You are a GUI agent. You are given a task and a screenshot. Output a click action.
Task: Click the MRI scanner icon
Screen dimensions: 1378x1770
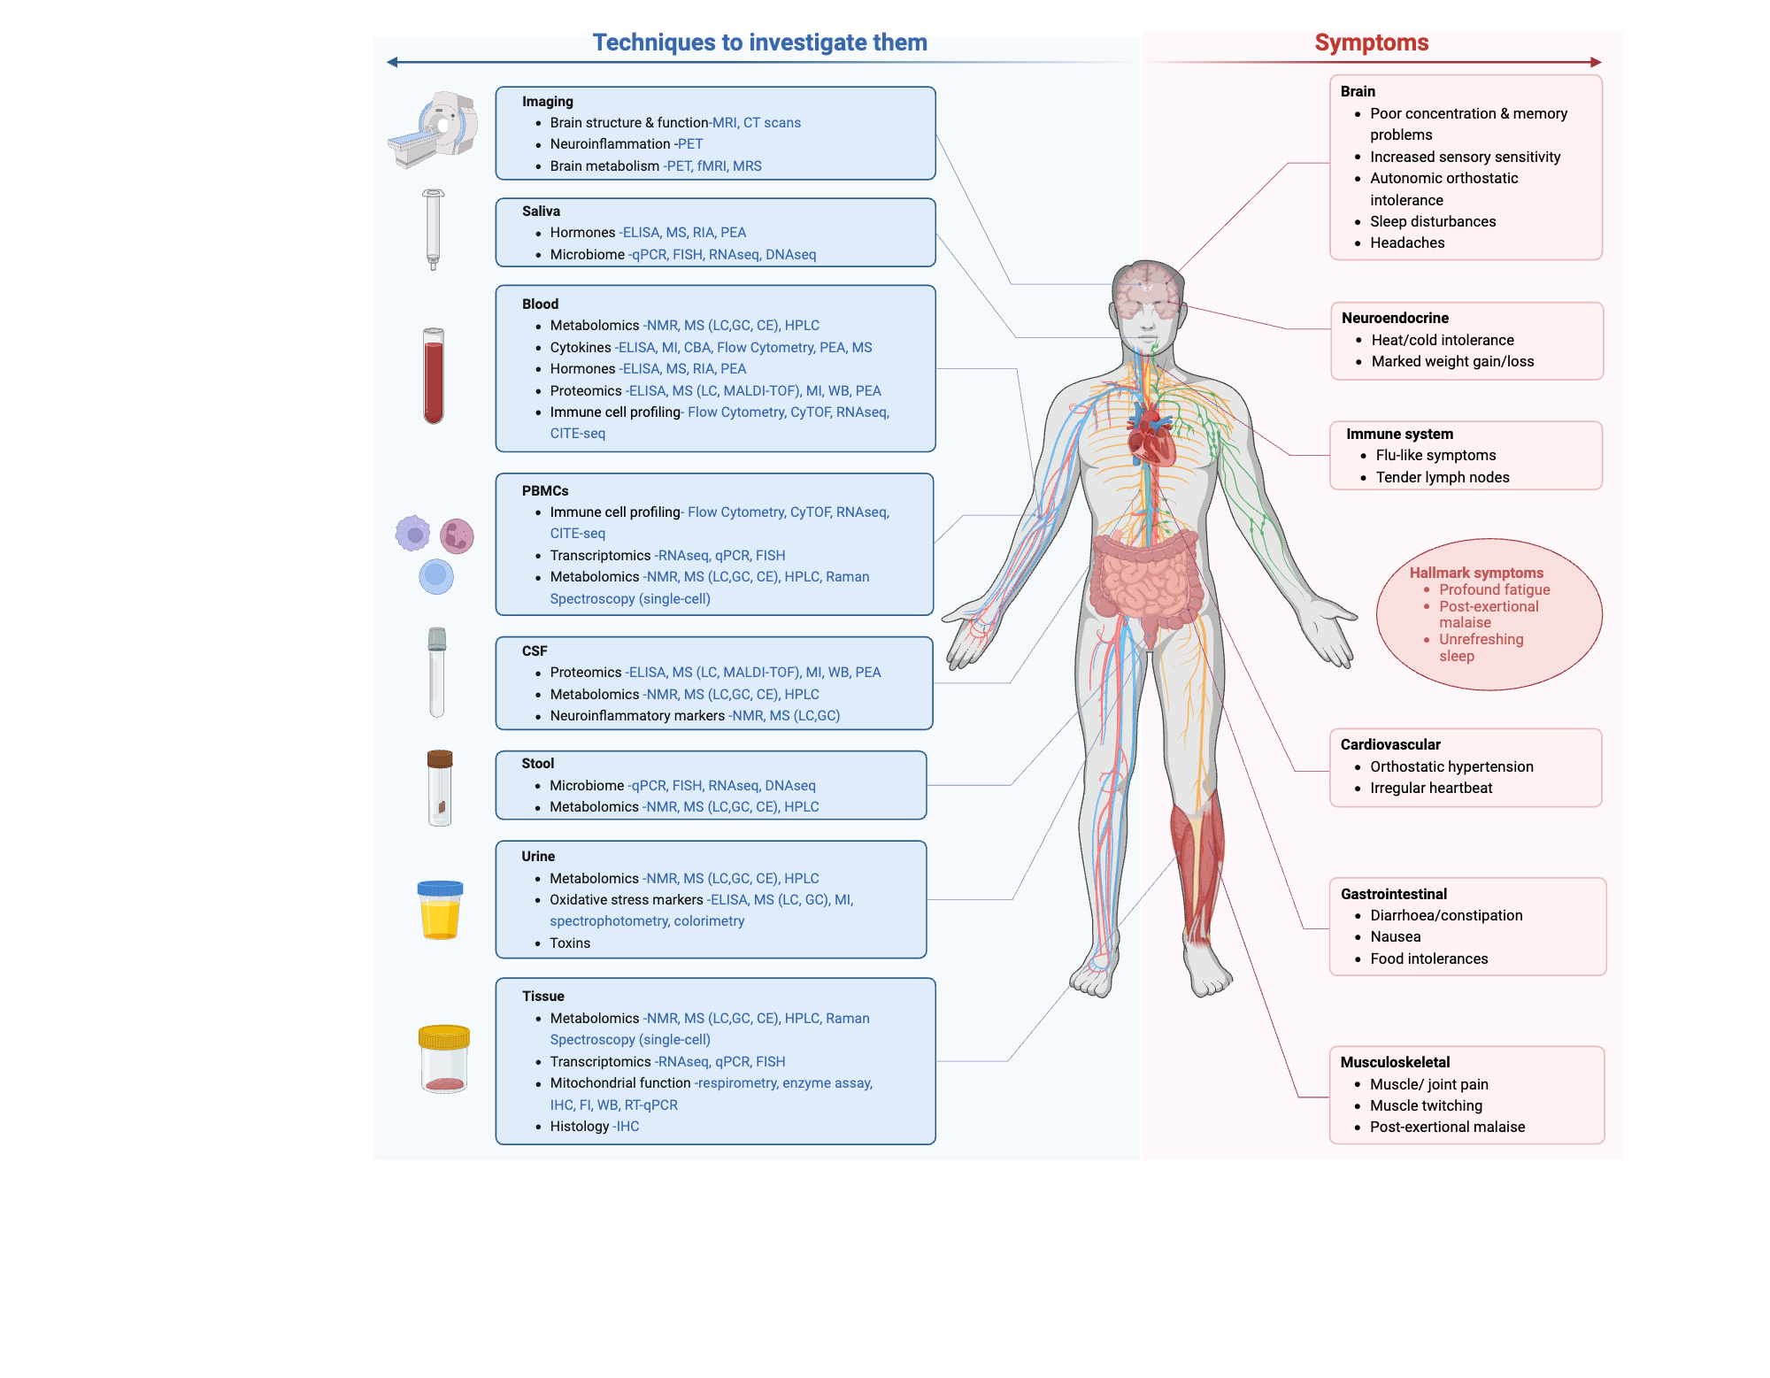coord(434,129)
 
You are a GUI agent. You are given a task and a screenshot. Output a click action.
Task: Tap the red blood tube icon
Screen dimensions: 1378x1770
coord(434,376)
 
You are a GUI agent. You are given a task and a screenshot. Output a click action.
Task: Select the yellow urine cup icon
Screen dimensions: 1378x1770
coord(440,911)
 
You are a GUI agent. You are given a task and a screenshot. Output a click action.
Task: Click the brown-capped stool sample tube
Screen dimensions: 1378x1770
coord(440,788)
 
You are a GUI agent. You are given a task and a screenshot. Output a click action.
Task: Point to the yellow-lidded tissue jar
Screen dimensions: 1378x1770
coord(443,1059)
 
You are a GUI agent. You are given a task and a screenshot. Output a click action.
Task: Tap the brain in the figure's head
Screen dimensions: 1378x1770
coord(1146,288)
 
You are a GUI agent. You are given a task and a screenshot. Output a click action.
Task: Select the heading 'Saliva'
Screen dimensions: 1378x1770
coord(541,212)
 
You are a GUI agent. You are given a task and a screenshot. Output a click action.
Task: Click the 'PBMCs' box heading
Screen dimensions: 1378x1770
coord(545,491)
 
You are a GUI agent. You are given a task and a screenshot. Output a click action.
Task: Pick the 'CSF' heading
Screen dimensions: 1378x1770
coord(535,651)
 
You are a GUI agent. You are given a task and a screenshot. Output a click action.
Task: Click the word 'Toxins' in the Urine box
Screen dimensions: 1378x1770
coord(570,943)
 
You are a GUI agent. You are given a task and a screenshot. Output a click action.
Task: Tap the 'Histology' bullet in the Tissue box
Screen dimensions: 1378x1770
coord(580,1127)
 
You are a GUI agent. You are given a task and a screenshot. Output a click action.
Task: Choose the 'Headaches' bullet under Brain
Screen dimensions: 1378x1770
coord(1407,243)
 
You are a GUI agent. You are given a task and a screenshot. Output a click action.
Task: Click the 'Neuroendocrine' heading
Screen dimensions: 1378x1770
coord(1395,319)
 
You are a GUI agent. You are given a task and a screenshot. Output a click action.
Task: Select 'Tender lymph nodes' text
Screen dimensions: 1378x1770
coord(1443,478)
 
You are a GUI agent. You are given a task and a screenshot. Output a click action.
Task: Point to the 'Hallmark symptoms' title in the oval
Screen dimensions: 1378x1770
coord(1476,574)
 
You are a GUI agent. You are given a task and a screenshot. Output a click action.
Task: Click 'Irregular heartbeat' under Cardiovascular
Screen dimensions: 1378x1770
coord(1431,789)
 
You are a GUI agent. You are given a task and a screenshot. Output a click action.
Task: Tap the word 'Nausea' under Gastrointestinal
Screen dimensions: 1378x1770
coord(1396,937)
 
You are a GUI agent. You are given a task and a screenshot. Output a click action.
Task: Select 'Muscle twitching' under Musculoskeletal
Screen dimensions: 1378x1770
coord(1426,1106)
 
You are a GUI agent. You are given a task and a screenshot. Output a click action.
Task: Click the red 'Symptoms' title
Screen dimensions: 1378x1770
coord(1371,42)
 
